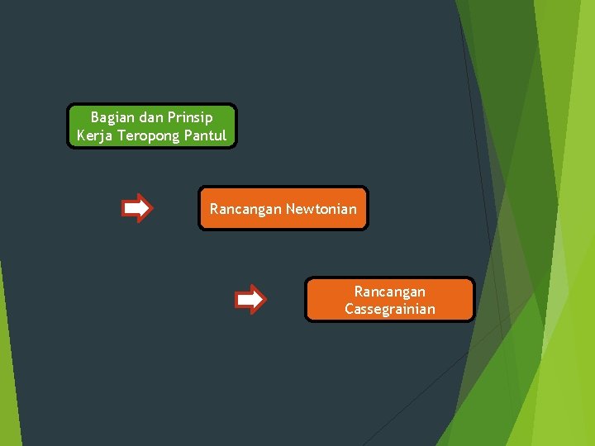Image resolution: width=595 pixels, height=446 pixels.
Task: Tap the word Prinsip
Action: tap(189, 117)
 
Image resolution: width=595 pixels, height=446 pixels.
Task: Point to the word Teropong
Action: tap(148, 135)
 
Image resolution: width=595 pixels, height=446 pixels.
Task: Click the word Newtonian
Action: tap(321, 209)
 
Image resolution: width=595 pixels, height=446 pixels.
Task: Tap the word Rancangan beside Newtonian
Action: tap(245, 209)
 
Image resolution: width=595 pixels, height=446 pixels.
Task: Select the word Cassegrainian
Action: tap(390, 310)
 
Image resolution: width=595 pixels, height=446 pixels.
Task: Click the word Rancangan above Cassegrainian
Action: tap(390, 292)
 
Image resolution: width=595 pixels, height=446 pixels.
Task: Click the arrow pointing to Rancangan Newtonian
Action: tap(137, 208)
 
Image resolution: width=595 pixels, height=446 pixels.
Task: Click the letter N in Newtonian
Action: tap(290, 209)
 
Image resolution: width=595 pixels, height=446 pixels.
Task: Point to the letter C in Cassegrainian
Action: tap(350, 310)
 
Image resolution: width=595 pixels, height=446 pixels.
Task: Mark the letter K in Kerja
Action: tap(81, 135)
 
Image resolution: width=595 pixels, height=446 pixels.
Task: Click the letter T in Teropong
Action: tap(121, 135)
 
